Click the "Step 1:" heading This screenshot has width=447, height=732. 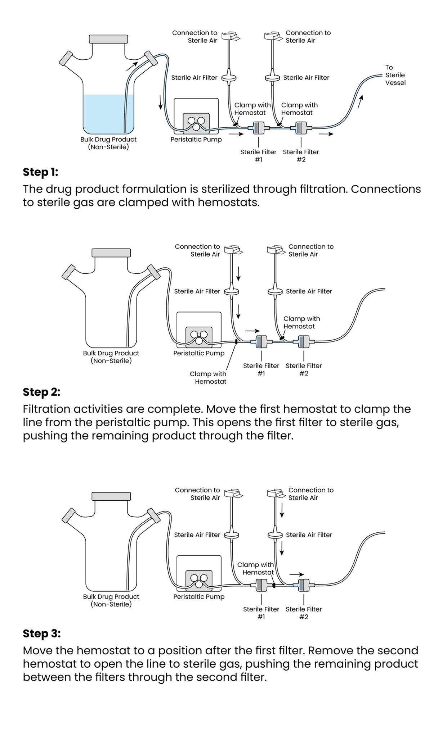click(x=40, y=172)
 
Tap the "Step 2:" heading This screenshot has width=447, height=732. click(x=41, y=392)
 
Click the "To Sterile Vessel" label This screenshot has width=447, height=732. click(x=395, y=75)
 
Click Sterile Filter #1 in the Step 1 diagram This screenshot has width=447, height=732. click(x=258, y=128)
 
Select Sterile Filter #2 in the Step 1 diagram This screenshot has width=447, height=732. click(x=301, y=128)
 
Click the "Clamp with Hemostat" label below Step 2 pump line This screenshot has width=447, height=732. click(x=208, y=378)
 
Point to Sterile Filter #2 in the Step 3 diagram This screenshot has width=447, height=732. click(x=304, y=585)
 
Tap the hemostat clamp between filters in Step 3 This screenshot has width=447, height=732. click(x=274, y=586)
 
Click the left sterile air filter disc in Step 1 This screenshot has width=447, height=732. click(x=228, y=77)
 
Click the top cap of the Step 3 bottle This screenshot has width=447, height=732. click(x=111, y=496)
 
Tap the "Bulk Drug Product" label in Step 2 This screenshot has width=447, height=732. click(x=111, y=353)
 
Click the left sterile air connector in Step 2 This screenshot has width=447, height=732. click(x=232, y=249)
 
